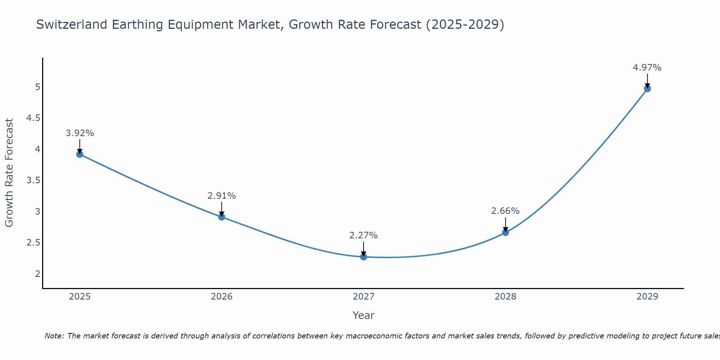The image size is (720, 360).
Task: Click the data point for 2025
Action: tap(80, 154)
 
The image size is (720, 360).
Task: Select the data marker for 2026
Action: tap(222, 217)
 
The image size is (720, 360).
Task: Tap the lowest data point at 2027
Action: tap(364, 257)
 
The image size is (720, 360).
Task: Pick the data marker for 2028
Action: tap(505, 233)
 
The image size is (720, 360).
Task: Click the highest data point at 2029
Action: tap(647, 89)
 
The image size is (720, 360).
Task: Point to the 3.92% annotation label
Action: tap(80, 133)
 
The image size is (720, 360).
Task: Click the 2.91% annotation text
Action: tap(222, 196)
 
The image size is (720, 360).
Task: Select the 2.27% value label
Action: tap(364, 235)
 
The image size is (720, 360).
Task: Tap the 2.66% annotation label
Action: tap(505, 211)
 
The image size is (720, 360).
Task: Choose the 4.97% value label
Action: tap(647, 68)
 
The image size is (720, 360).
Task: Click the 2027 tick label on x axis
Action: tap(364, 297)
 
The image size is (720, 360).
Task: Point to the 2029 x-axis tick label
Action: tap(647, 297)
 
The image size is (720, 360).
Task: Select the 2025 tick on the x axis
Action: tap(80, 297)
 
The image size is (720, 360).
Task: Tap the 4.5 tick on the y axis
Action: tap(33, 118)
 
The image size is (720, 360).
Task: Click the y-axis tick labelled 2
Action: tap(37, 274)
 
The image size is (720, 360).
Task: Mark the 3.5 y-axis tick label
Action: tap(33, 180)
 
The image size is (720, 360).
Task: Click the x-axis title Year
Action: tap(364, 315)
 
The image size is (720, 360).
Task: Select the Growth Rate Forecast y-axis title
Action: tap(9, 173)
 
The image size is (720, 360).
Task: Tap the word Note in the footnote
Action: tap(54, 336)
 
